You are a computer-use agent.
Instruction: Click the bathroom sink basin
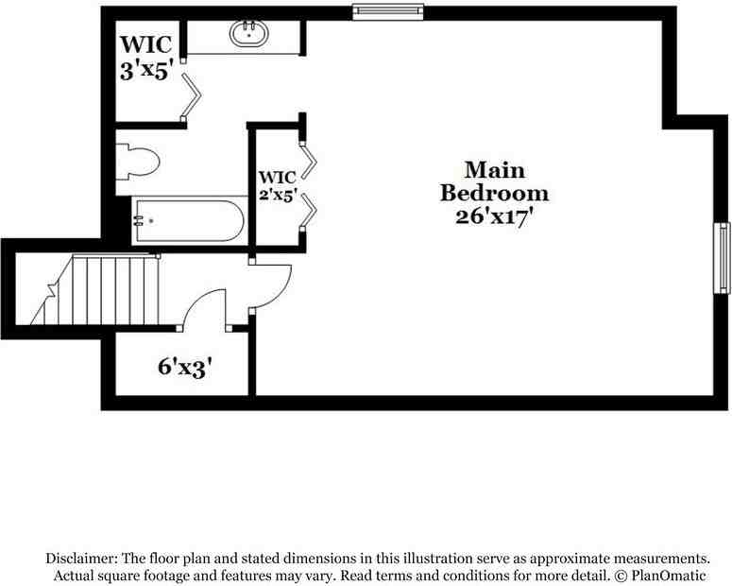point(249,35)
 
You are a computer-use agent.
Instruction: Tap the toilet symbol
point(138,164)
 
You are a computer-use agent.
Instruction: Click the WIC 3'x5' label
point(145,57)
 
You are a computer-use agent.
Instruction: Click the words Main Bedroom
point(495,181)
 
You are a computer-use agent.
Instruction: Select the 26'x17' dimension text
point(495,215)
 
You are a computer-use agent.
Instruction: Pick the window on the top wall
point(386,12)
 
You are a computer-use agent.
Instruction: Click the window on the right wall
point(723,257)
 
